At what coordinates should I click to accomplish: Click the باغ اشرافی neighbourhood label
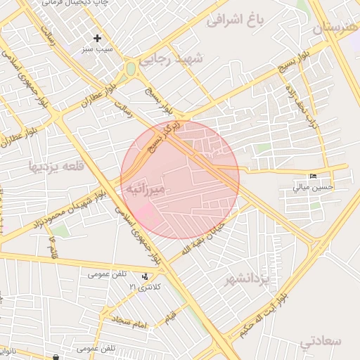coord(236,20)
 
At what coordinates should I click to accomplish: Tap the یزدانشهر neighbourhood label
coord(247,281)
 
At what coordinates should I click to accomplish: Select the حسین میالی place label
coord(310,188)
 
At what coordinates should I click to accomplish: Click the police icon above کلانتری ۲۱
coord(145,276)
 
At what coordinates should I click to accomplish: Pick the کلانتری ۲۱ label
coord(145,288)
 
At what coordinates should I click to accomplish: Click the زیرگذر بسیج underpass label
coord(163,137)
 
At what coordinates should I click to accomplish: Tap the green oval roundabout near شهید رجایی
coord(131,69)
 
